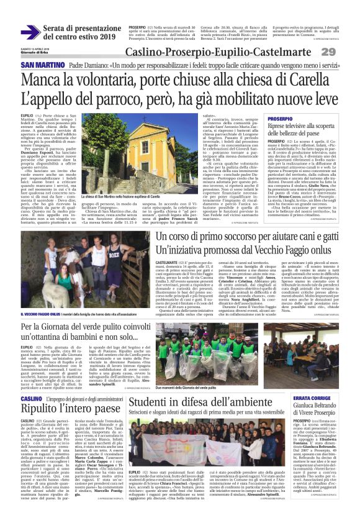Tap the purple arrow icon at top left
coord(30,32)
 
